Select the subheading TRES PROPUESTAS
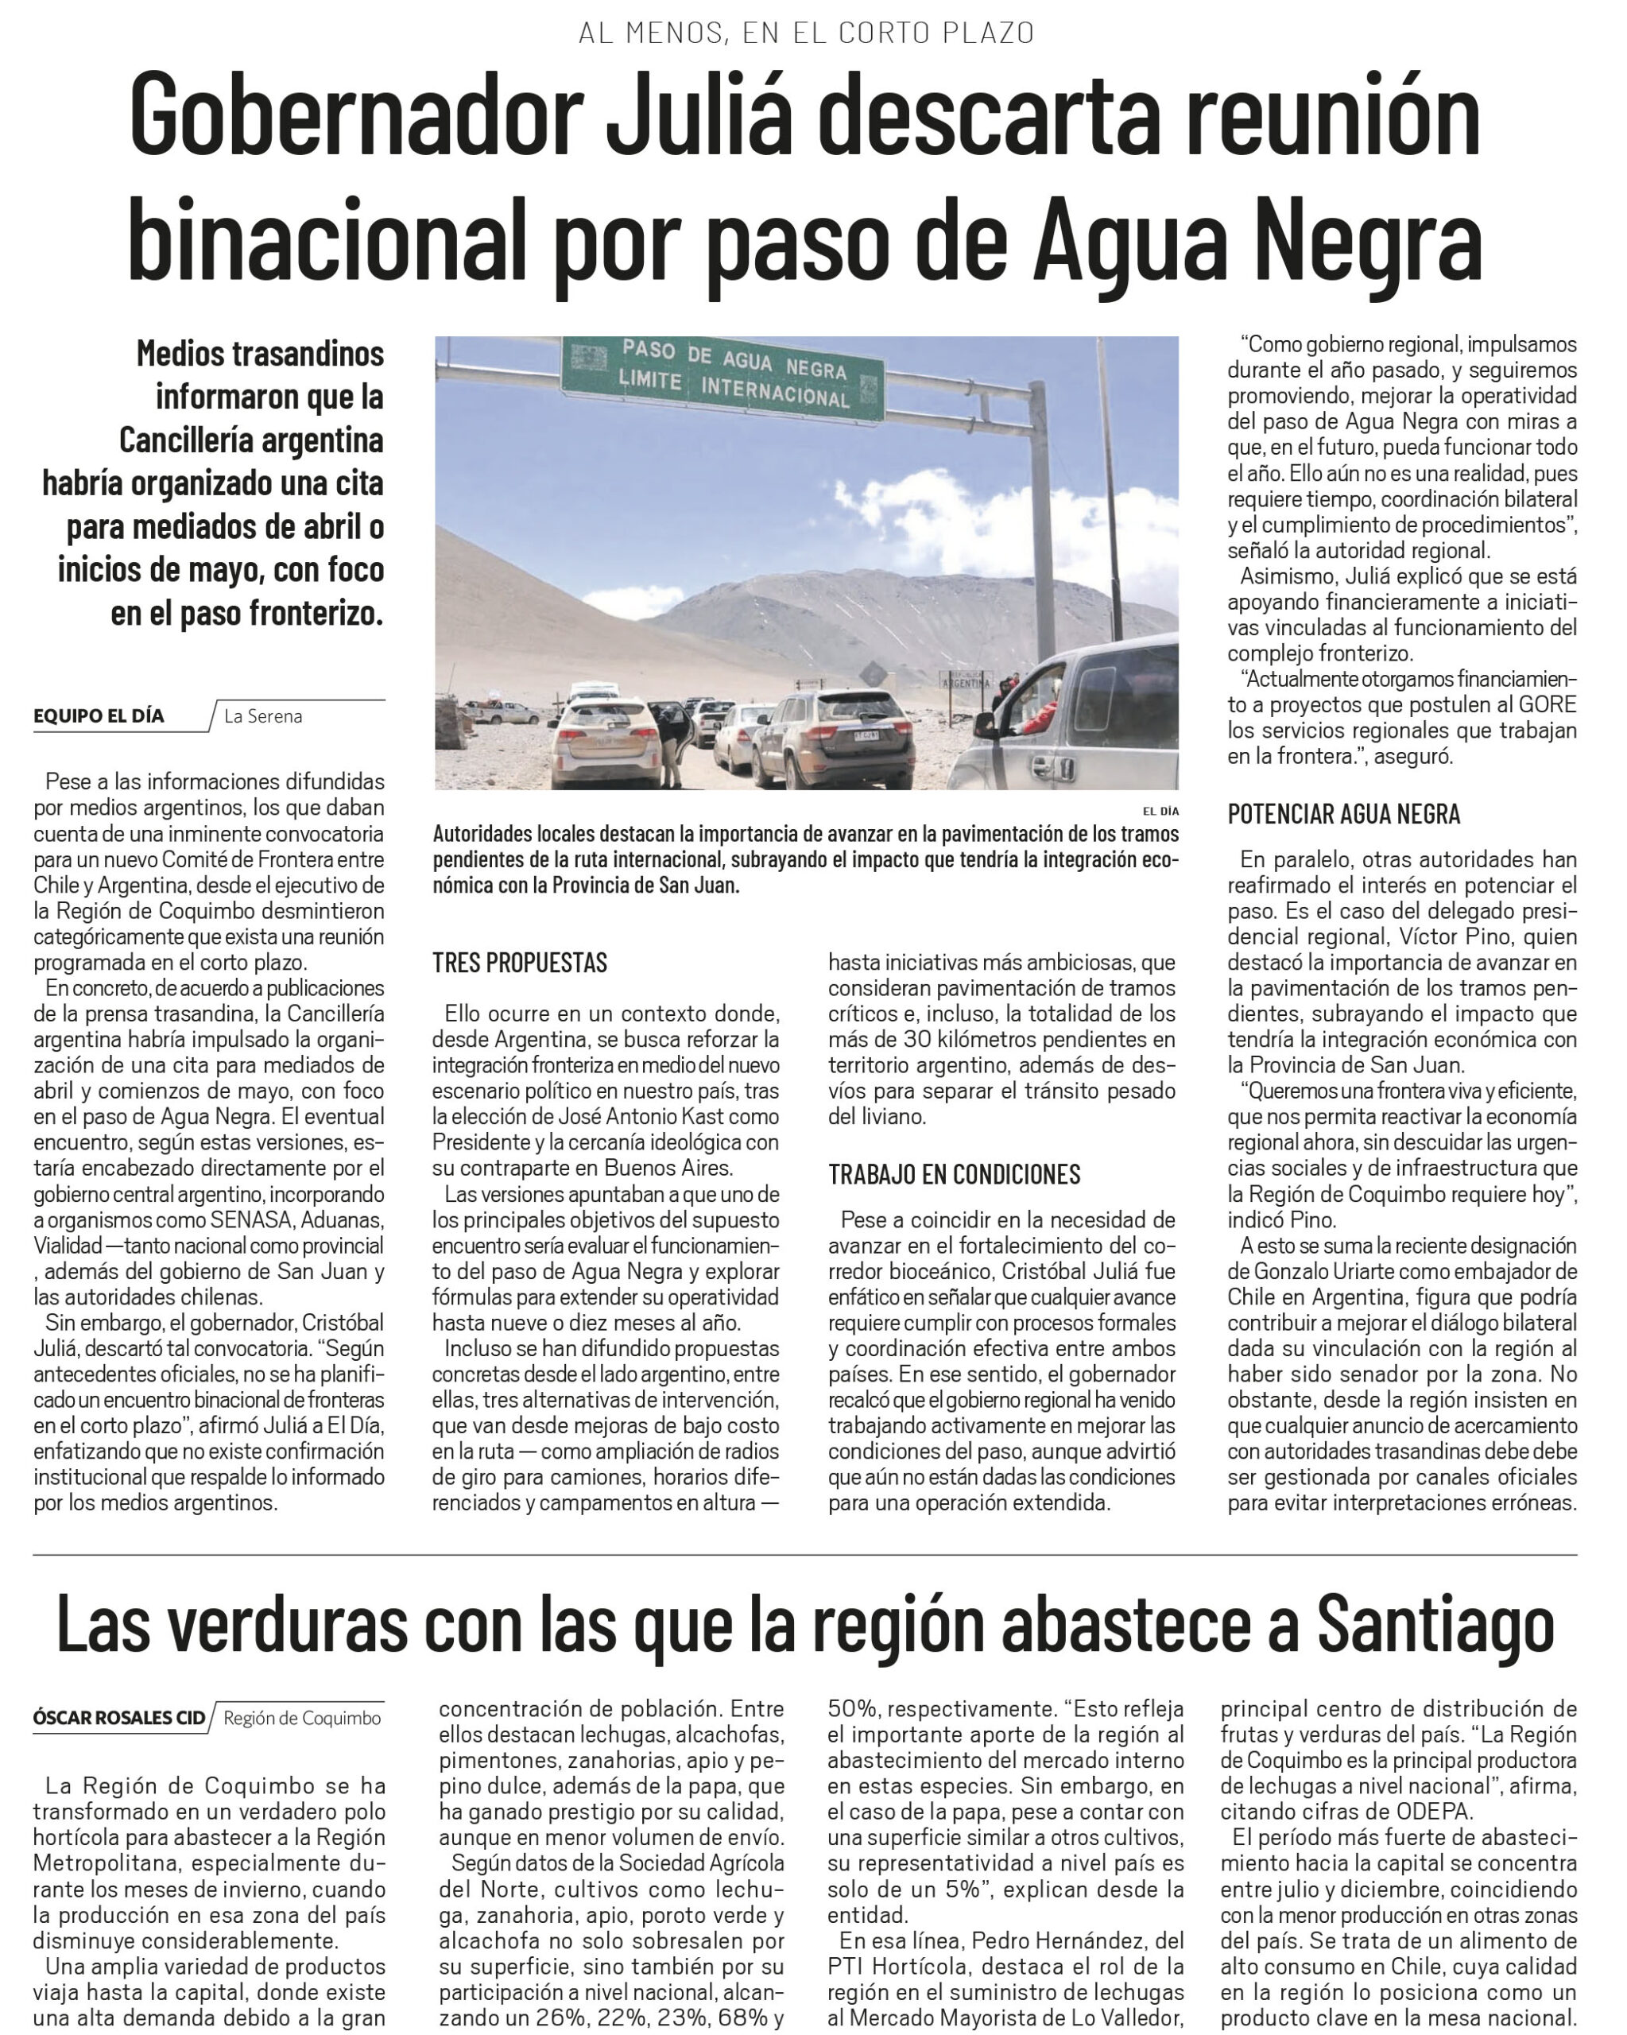[520, 963]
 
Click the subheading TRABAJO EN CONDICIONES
[954, 1174]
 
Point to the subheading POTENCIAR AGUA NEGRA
[1343, 814]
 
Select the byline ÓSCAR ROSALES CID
[119, 1718]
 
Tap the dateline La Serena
[263, 716]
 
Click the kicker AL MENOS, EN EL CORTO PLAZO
[807, 33]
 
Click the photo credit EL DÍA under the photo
[1160, 811]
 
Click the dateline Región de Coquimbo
[302, 1718]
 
